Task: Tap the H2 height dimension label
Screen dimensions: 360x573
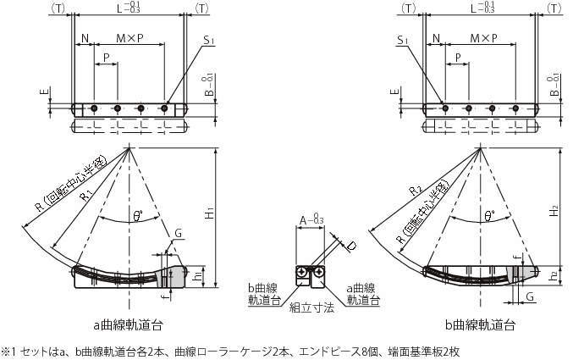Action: coord(554,212)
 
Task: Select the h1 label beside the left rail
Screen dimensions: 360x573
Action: coord(197,274)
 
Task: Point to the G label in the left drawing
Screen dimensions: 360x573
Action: coord(178,233)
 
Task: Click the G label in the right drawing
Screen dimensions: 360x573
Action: coord(528,296)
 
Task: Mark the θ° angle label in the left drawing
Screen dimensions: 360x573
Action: coord(137,216)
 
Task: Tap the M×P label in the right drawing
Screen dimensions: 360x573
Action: coord(482,39)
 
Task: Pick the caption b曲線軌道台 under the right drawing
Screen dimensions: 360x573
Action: coord(480,324)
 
